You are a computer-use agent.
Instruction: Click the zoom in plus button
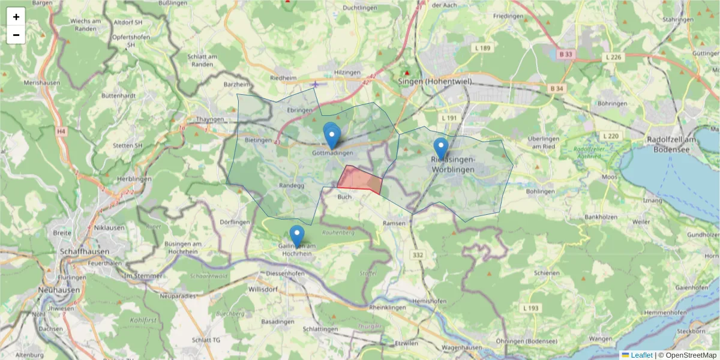[16, 17]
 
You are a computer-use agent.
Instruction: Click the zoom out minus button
[16, 35]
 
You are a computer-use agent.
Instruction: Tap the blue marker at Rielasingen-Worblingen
[441, 148]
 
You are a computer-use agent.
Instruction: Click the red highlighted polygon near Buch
[360, 179]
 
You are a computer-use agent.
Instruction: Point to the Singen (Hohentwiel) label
[435, 82]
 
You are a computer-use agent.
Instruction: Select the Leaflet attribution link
[641, 355]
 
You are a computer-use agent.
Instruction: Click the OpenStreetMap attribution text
[691, 355]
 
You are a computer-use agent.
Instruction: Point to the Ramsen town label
[394, 223]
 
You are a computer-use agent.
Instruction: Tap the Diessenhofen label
[284, 273]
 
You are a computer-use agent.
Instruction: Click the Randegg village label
[292, 186]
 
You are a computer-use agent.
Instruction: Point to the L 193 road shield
[531, 308]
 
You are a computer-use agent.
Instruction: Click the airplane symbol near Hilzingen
[316, 84]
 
